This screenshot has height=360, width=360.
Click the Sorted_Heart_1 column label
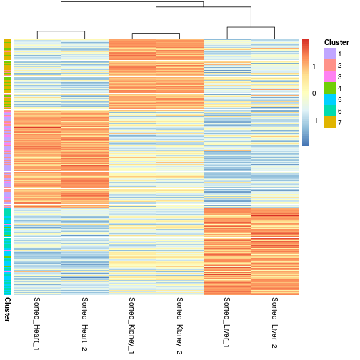click(36, 324)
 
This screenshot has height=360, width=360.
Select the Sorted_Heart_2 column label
click(84, 324)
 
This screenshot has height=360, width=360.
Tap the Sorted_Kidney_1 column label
click(132, 326)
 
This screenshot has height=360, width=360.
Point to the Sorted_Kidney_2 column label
click(179, 326)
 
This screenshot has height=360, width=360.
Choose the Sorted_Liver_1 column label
click(227, 322)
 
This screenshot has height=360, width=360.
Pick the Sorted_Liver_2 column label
click(274, 323)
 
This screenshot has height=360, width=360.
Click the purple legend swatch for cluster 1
click(330, 54)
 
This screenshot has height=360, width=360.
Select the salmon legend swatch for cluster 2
click(330, 65)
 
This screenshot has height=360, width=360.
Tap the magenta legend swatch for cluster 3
click(330, 76)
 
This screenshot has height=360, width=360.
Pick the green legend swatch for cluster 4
click(330, 88)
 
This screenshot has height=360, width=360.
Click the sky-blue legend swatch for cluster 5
click(330, 99)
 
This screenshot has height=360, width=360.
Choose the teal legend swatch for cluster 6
click(330, 111)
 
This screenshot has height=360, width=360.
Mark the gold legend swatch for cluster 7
click(330, 122)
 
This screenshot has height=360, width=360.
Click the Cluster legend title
click(336, 42)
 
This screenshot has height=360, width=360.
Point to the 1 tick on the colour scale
click(314, 66)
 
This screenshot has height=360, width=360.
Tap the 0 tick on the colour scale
click(314, 94)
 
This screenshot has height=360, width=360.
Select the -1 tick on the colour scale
click(315, 121)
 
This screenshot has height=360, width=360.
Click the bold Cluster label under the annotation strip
click(8, 309)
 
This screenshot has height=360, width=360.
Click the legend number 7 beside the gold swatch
click(339, 122)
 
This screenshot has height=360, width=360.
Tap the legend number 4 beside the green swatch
click(339, 88)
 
